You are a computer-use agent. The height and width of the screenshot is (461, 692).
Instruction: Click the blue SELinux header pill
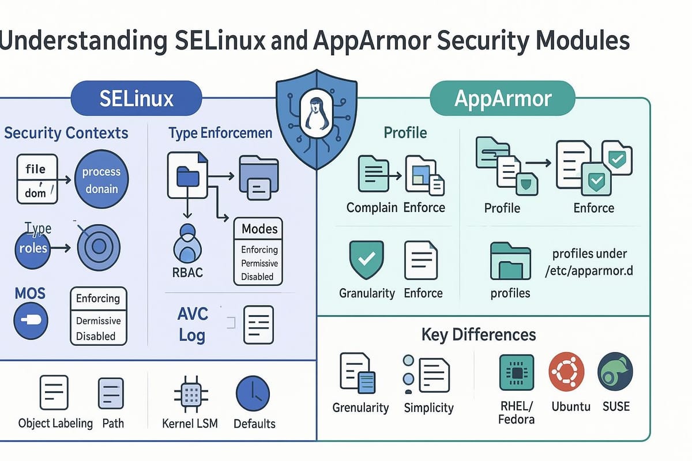(136, 99)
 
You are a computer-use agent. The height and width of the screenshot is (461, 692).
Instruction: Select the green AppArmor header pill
(502, 99)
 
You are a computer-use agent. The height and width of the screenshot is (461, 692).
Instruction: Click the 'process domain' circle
(101, 180)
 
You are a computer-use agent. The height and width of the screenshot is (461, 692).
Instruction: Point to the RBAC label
(188, 272)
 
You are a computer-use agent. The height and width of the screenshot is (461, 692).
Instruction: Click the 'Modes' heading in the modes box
(259, 229)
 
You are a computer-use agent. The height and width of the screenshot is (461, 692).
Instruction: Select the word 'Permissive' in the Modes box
(259, 263)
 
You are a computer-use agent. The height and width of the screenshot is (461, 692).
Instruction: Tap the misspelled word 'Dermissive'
(99, 320)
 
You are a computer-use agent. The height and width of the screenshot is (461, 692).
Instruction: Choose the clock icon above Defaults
(253, 394)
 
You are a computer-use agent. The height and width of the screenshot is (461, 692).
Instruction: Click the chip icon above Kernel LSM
(191, 394)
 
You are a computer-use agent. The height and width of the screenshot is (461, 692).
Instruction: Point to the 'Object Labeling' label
(55, 423)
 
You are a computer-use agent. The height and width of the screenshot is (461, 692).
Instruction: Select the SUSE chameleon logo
(615, 373)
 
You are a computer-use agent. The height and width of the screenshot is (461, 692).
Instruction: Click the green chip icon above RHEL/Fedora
(516, 373)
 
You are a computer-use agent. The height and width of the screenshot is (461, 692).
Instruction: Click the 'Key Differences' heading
(479, 334)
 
